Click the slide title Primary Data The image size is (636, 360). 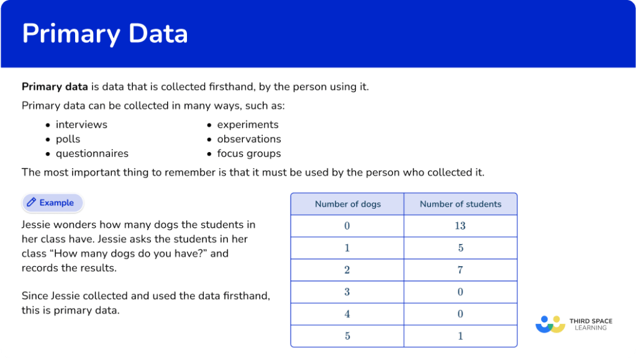pyautogui.click(x=104, y=34)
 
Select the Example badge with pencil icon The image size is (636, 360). pyautogui.click(x=52, y=203)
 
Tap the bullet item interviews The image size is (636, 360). pyautogui.click(x=81, y=125)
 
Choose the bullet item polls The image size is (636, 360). pyautogui.click(x=68, y=139)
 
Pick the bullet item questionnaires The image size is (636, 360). pyautogui.click(x=92, y=153)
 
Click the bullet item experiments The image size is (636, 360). pyautogui.click(x=248, y=125)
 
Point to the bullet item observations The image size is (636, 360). pyautogui.click(x=249, y=139)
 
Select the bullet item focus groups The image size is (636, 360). pyautogui.click(x=249, y=153)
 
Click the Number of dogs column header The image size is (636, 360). pyautogui.click(x=347, y=204)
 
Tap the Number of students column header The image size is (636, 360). pyautogui.click(x=460, y=204)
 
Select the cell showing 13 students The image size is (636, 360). pyautogui.click(x=460, y=226)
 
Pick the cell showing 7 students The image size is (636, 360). pyautogui.click(x=460, y=270)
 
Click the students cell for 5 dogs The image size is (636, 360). pyautogui.click(x=460, y=336)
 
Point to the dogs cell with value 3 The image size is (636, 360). pyautogui.click(x=347, y=292)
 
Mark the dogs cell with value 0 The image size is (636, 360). pyautogui.click(x=347, y=226)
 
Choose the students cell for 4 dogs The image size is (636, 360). pyautogui.click(x=460, y=314)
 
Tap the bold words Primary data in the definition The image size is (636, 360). pyautogui.click(x=54, y=87)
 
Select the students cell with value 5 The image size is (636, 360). pyautogui.click(x=460, y=248)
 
